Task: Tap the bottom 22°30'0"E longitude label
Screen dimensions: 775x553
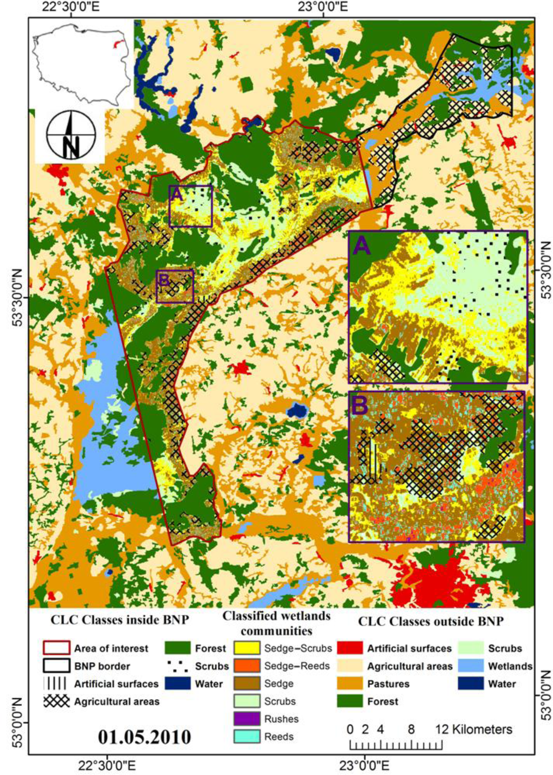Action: pyautogui.click(x=108, y=767)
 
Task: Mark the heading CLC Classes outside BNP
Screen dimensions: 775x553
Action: pyautogui.click(x=430, y=621)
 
